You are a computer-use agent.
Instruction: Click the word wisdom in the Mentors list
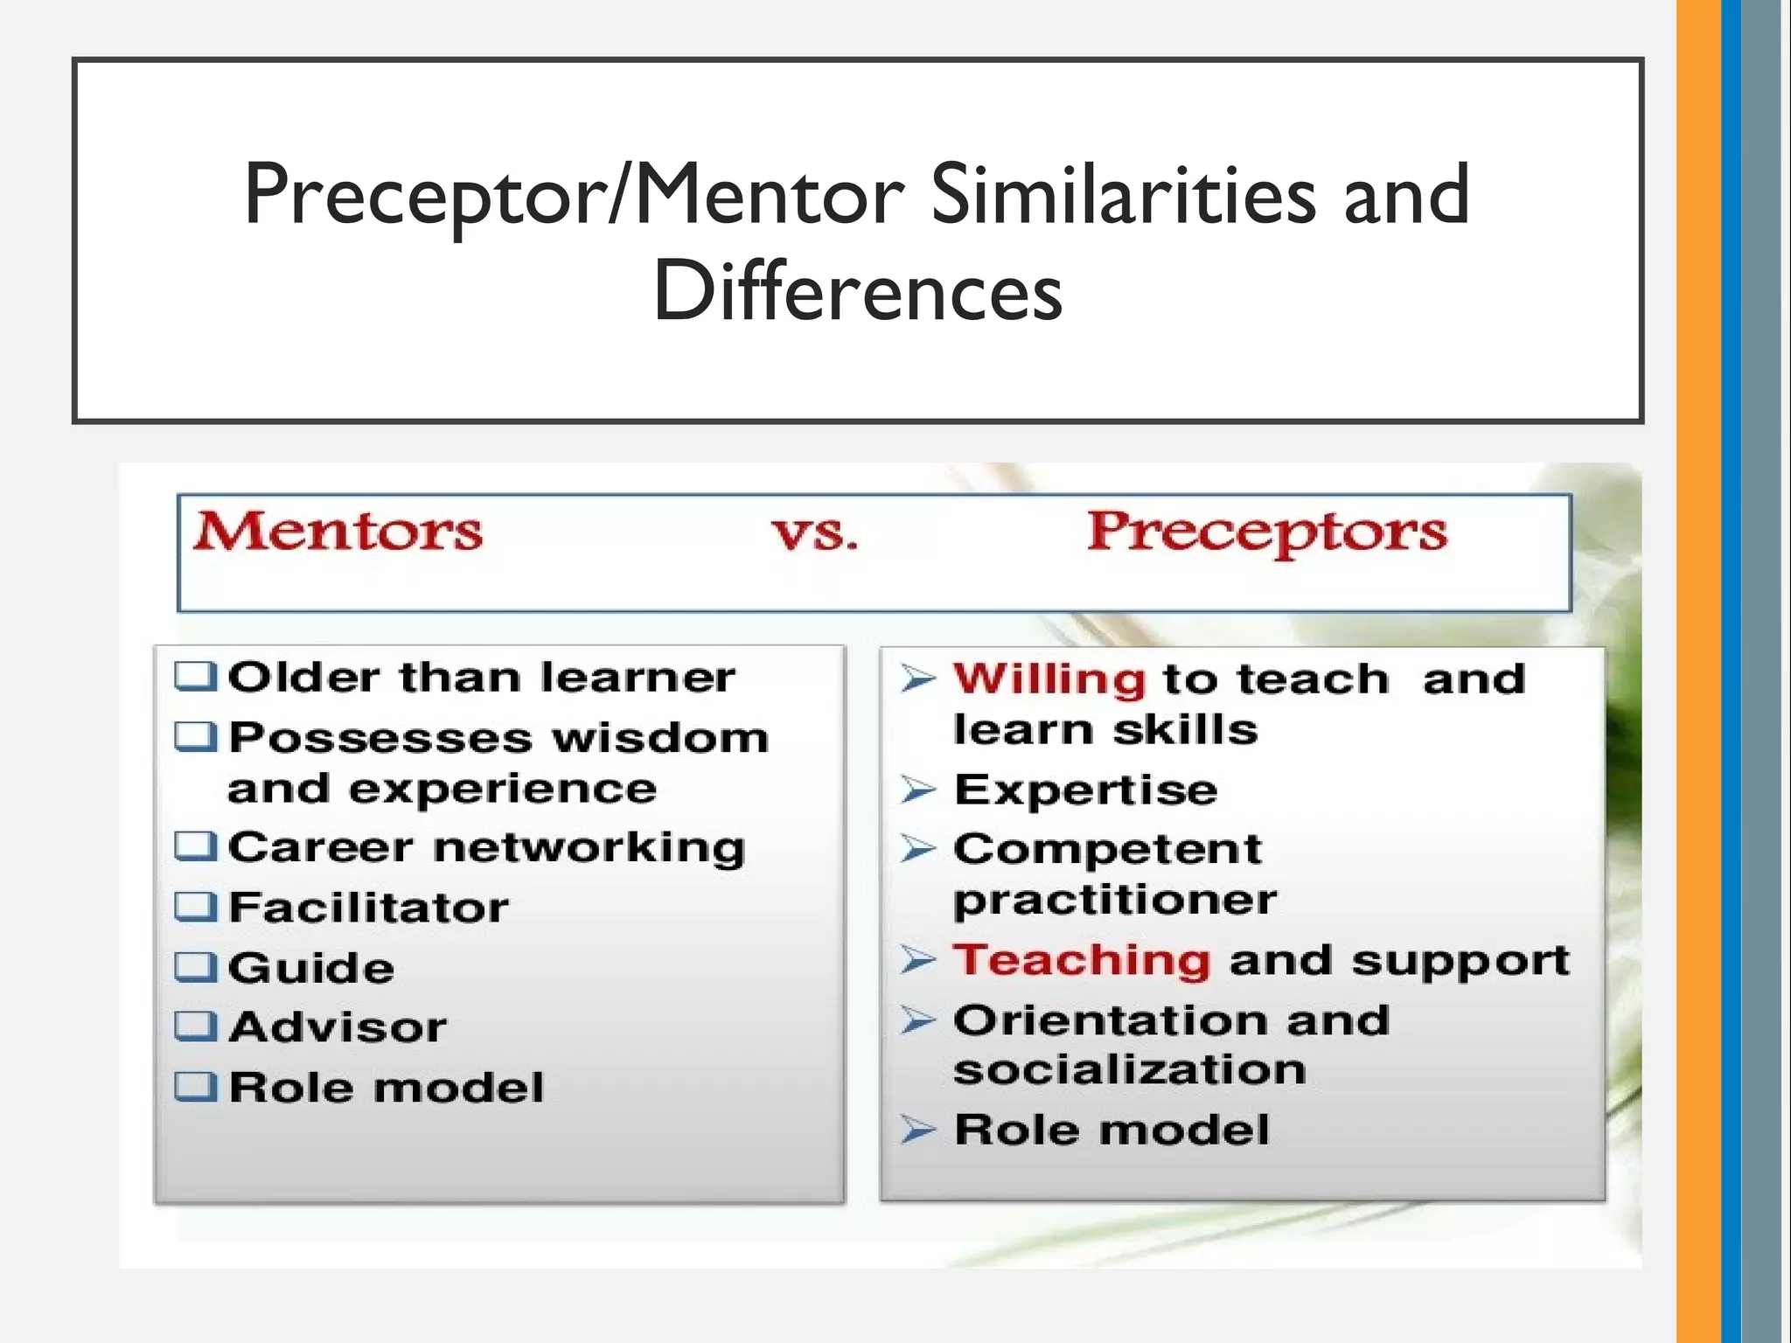[x=660, y=738]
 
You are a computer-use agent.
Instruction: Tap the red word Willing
[x=1049, y=679]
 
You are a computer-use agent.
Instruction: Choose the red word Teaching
[x=1082, y=960]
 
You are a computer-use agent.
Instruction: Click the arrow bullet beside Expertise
[x=918, y=790]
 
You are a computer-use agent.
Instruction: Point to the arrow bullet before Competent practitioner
[x=918, y=849]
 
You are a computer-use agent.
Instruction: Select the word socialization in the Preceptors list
[x=1129, y=1070]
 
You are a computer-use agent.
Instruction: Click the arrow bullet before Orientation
[x=918, y=1020]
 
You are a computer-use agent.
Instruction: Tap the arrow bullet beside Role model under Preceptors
[x=918, y=1130]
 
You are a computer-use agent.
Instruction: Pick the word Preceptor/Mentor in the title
[x=574, y=196]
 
